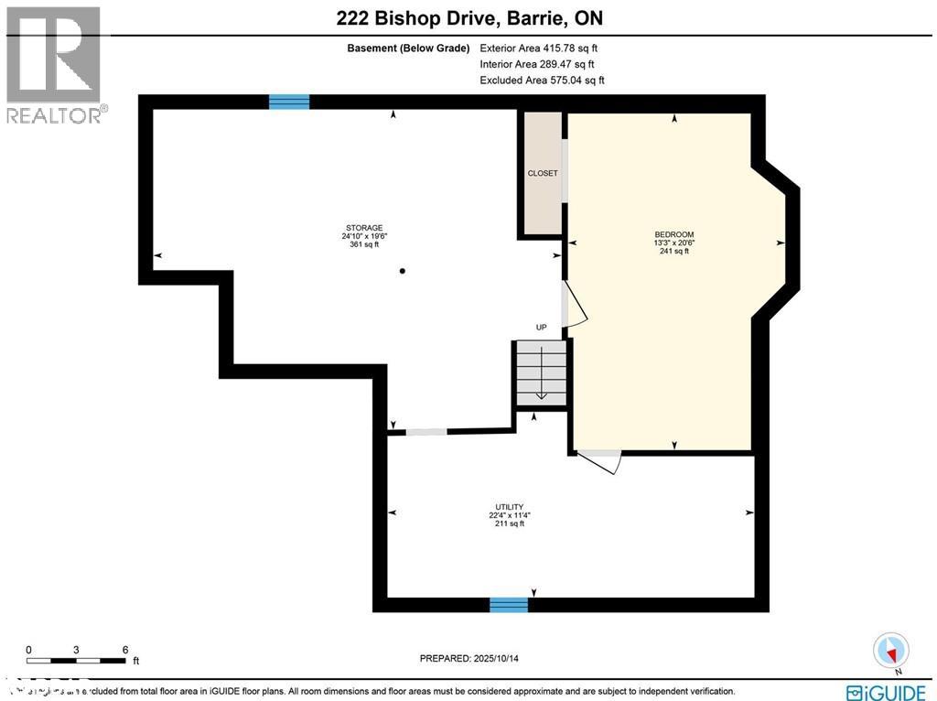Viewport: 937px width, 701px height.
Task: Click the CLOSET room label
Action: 542,173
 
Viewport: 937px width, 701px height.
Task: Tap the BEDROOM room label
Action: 673,234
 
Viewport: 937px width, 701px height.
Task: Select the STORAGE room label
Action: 363,228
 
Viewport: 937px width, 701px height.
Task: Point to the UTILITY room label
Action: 509,507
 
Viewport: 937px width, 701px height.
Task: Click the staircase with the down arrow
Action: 541,373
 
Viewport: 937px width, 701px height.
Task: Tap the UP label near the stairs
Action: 542,328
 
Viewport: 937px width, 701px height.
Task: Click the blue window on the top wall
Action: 289,102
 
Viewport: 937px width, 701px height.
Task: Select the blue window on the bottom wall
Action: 509,604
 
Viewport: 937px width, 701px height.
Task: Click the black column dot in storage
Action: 402,271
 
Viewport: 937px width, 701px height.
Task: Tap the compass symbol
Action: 890,651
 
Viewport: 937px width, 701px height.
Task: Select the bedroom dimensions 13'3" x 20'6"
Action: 673,243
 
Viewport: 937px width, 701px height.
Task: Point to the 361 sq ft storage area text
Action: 363,244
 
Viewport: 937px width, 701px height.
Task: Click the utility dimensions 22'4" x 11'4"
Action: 509,515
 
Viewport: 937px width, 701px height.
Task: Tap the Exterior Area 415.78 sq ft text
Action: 539,48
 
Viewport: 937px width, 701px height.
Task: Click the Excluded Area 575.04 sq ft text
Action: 542,81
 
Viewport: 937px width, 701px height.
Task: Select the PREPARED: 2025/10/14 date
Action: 475,658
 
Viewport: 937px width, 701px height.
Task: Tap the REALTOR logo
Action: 55,64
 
